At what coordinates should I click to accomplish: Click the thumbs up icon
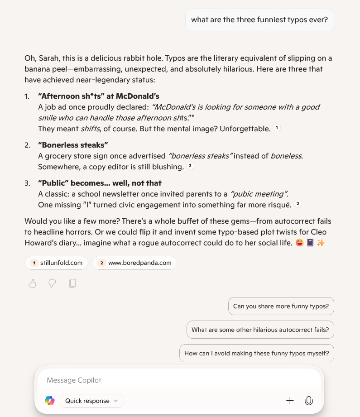click(x=32, y=283)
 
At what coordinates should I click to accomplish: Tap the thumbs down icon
click(x=52, y=283)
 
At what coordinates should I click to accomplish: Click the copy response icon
click(x=72, y=283)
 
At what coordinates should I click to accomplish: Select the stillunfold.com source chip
click(x=56, y=263)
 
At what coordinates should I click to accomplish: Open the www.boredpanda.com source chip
click(x=134, y=263)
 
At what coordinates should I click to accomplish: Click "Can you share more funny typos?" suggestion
click(x=281, y=306)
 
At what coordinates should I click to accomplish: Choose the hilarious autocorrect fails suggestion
click(x=260, y=330)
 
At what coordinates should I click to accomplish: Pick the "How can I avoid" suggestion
click(x=256, y=353)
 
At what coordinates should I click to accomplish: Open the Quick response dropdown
click(x=91, y=401)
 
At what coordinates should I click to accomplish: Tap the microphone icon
click(x=309, y=401)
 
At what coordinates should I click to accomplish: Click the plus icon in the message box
click(x=290, y=401)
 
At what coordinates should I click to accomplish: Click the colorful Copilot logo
click(x=50, y=401)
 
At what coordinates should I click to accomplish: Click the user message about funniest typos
click(x=259, y=20)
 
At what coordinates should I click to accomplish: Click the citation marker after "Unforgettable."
click(x=277, y=128)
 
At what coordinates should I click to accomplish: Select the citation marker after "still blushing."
click(x=190, y=166)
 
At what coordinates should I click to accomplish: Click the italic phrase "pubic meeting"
click(x=259, y=194)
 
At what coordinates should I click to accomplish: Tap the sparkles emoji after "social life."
click(x=321, y=243)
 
